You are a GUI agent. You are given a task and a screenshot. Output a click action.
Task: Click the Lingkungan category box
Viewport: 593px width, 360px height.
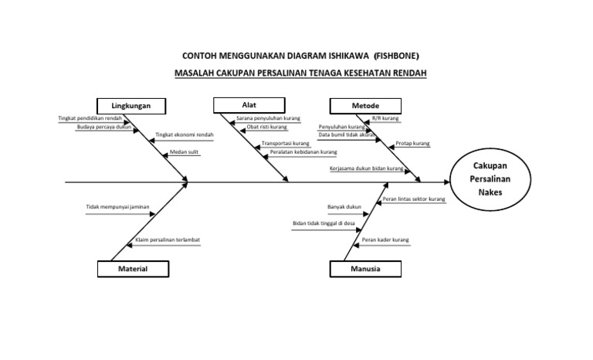coord(130,106)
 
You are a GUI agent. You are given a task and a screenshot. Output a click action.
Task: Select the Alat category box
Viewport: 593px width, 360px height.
coord(249,105)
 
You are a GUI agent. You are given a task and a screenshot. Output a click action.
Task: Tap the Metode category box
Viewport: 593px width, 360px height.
coord(365,106)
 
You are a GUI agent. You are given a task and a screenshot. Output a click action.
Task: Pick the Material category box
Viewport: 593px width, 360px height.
coord(133,269)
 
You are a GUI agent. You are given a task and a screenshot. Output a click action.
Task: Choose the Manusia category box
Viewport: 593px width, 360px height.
coord(366,269)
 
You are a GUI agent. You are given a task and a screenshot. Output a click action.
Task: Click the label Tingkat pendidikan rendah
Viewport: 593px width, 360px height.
coord(90,118)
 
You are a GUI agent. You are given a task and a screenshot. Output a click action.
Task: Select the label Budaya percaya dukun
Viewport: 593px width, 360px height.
coord(104,127)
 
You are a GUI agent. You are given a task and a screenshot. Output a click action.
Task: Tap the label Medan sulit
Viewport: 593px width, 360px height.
coord(184,152)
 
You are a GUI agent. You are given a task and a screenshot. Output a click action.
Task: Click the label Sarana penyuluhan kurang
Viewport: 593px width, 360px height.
coord(268,118)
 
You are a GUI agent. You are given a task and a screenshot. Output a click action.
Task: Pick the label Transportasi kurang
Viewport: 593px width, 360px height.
coord(285,144)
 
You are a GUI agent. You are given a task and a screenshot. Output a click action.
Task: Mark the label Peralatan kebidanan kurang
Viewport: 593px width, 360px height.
coord(303,152)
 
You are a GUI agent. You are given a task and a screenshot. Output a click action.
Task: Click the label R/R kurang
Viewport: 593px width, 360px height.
coord(385,118)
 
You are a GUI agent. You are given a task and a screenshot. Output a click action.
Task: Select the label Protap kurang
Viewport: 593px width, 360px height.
coord(412,144)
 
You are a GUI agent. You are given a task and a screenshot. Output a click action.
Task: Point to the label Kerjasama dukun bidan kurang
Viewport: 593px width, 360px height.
coord(366,168)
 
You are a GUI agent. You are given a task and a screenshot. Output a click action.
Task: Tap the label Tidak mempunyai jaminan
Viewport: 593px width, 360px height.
coord(118,206)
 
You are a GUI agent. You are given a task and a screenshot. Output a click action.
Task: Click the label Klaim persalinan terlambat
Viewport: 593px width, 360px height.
coord(168,239)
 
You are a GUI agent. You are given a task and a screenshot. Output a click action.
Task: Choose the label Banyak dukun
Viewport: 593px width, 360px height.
coord(344,206)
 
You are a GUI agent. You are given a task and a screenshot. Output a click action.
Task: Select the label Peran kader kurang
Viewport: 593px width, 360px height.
coord(385,239)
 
